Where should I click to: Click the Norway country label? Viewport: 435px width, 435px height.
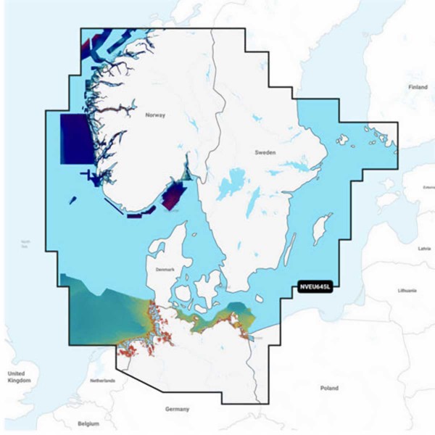pos(155,115)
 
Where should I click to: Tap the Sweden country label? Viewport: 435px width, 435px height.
pos(265,153)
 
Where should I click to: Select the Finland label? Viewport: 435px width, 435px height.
pos(418,87)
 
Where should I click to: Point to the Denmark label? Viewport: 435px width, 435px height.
pos(165,269)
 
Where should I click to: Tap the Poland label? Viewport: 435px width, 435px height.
pos(330,388)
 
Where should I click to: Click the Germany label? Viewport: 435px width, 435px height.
pos(177,409)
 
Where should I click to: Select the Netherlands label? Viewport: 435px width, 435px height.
pos(102,380)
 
